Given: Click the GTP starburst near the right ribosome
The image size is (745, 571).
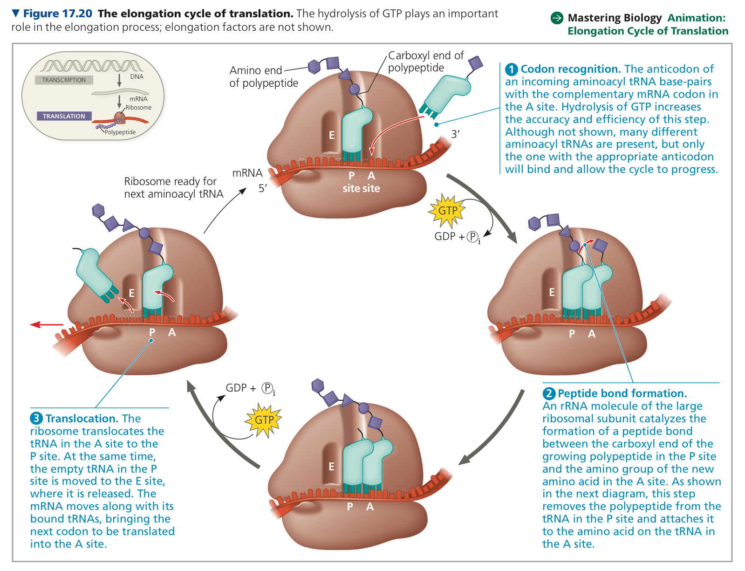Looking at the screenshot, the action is coord(447,210).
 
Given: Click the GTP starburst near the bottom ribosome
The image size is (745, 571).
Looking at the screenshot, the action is coord(263,420).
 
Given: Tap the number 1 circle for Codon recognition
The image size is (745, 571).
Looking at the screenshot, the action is coord(511,69).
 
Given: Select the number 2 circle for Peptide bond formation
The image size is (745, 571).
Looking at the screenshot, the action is coord(548,393).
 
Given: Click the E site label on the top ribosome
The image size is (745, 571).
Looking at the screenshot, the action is coord(332,135).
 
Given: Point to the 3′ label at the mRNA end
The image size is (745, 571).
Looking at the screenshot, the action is coord(455,134).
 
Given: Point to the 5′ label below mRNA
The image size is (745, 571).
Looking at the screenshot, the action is coord(263,188).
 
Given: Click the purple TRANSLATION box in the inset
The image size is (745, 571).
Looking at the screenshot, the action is coord(64,116).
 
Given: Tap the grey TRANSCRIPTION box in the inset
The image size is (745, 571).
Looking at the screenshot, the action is coord(64,80).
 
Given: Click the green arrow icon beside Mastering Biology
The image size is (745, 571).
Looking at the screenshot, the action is coord(557,18).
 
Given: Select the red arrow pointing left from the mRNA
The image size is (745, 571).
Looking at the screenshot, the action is coord(47,324).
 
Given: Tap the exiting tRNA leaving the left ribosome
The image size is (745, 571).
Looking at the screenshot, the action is coord(96,275).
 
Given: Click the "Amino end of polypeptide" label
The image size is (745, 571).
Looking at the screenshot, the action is coord(264,76).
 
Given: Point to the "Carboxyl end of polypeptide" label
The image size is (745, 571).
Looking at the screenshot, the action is coord(425,62).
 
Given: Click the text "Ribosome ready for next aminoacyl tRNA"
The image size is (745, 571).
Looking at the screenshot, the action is coord(173,187).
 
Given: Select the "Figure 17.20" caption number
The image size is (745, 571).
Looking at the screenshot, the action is coord(58,14).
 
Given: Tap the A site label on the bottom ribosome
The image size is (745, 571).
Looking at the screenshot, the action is coord(369,507).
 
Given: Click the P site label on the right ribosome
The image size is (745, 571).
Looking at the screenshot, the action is coord(572,333).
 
